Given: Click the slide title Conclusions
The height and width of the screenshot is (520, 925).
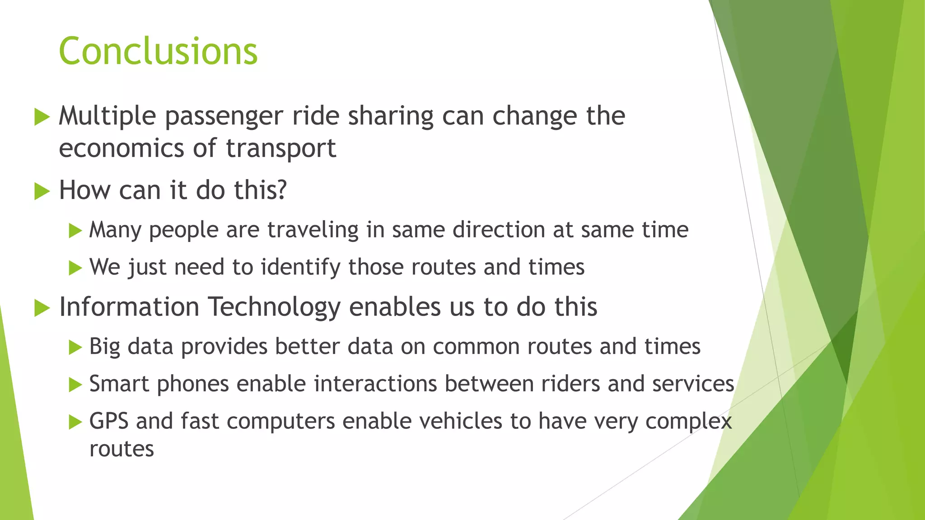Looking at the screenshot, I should coord(158,51).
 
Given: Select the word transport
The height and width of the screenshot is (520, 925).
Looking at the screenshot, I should coord(281,148).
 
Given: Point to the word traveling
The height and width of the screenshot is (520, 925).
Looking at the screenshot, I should coord(313,230).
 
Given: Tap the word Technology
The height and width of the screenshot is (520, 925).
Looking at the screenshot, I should coord(274,307).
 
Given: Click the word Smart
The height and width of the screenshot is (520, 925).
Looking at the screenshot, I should coord(119,384).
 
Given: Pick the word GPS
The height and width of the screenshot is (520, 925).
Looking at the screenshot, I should coord(109,421).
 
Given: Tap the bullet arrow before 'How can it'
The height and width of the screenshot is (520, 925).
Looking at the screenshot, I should coord(42,191).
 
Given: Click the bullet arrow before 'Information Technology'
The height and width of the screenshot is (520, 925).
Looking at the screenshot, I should coord(42,308).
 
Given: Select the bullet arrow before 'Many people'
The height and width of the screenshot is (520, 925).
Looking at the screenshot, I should coord(75,231).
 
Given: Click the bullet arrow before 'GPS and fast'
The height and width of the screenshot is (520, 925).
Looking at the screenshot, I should coord(75,422).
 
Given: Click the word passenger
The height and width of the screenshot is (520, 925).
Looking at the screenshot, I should coord(224,116).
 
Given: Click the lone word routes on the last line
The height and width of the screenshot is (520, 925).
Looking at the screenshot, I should coord(121,449).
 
